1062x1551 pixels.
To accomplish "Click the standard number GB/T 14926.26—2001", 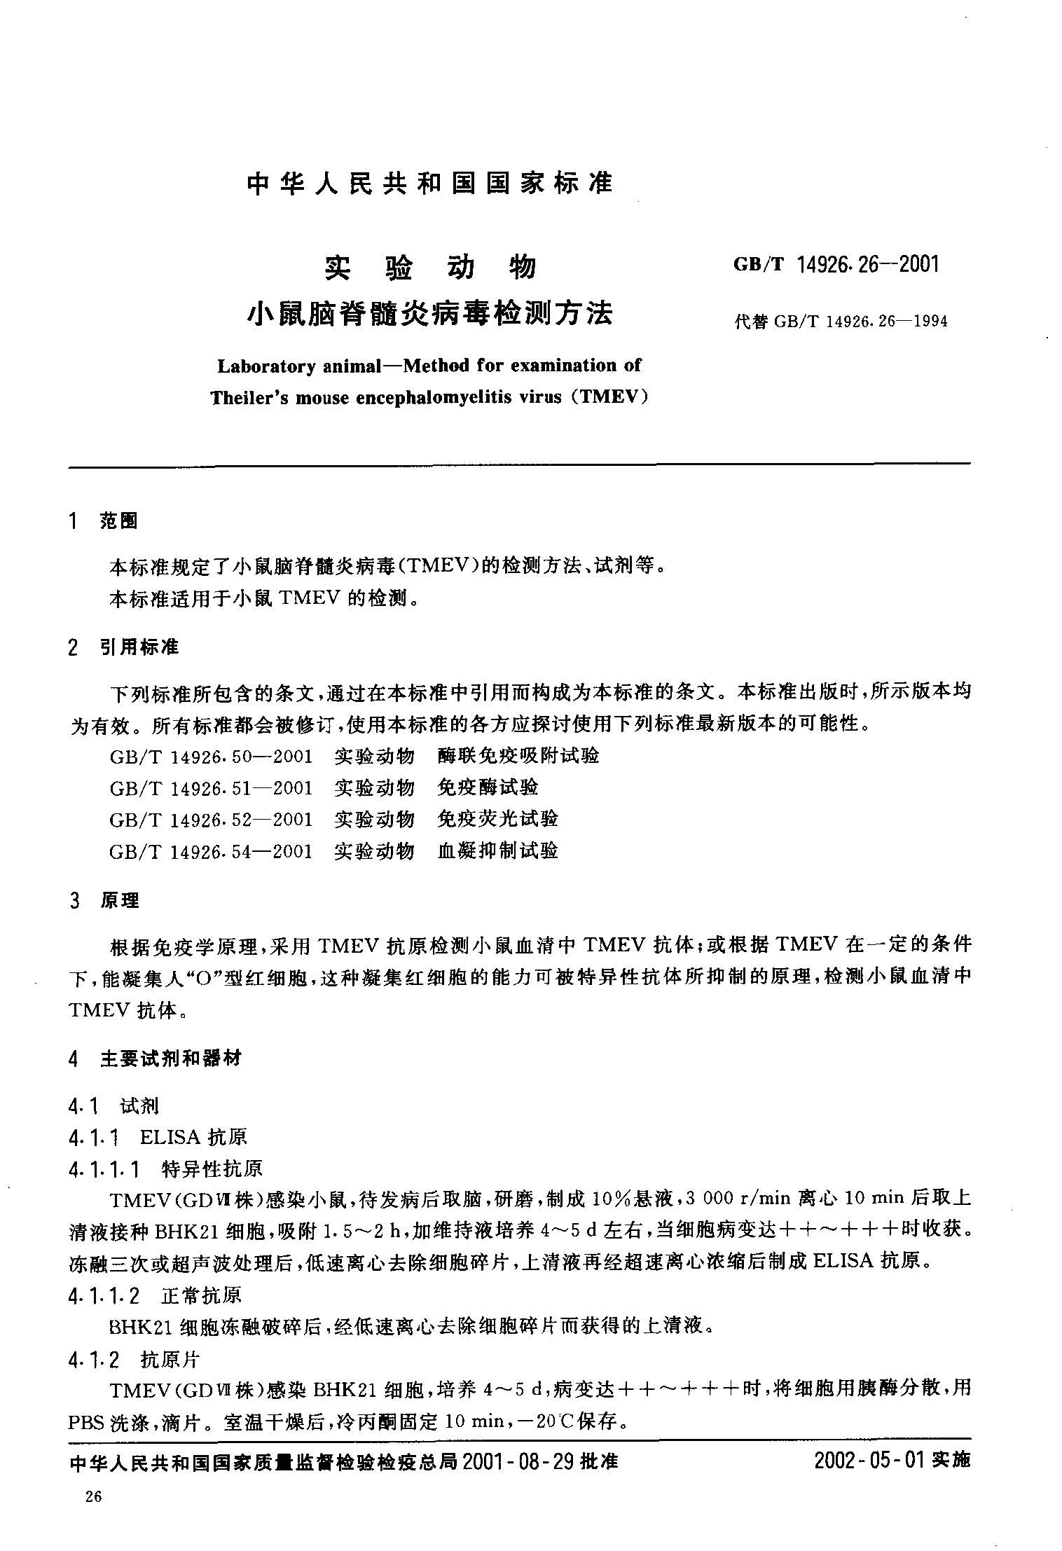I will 835,265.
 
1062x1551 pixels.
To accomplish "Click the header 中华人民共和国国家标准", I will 429,183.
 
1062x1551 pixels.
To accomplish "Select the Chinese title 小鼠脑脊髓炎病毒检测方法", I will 429,313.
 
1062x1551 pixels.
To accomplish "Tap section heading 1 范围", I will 104,521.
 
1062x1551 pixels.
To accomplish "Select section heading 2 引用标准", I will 124,647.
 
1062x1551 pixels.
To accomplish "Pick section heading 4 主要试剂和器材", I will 155,1059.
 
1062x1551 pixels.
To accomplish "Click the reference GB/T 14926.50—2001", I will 211,756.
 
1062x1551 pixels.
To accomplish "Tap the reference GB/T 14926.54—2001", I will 211,851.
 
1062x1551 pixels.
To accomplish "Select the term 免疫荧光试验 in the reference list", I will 497,819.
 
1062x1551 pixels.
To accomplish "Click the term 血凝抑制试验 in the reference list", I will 497,851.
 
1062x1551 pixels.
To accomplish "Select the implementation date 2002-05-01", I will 871,1461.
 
